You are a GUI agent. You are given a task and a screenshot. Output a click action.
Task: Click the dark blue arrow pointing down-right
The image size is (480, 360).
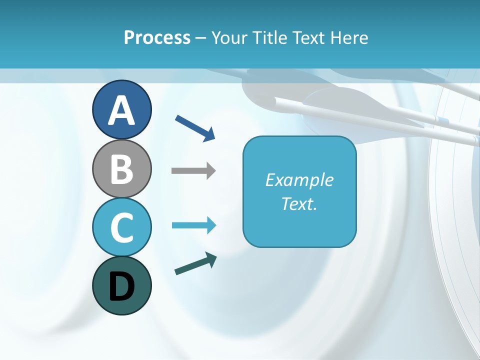click(195, 127)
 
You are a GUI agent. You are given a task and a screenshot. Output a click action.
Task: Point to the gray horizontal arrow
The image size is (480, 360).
click(193, 171)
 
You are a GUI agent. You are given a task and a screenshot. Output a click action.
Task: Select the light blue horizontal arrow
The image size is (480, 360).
click(193, 225)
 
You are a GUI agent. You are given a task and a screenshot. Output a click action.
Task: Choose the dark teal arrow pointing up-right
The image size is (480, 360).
click(195, 263)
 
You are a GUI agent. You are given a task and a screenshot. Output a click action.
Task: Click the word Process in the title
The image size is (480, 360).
click(157, 37)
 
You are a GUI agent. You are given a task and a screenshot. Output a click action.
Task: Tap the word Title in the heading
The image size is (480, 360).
click(270, 37)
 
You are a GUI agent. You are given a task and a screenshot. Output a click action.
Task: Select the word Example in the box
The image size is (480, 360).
click(299, 180)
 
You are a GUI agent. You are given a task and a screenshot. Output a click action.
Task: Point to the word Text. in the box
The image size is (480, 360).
click(299, 203)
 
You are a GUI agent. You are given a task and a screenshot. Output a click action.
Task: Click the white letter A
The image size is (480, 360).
click(121, 111)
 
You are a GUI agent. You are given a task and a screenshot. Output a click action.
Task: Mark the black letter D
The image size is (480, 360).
click(121, 286)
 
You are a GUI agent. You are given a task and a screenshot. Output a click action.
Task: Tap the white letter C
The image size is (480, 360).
click(121, 227)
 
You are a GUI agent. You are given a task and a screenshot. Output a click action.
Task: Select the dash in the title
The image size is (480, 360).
click(201, 38)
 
